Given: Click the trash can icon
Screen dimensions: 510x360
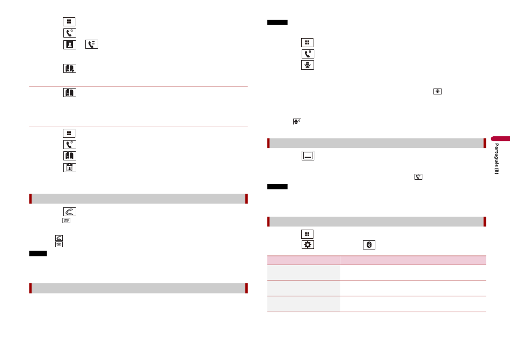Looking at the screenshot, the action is click(x=69, y=167).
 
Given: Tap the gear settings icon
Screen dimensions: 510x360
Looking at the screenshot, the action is click(x=308, y=245).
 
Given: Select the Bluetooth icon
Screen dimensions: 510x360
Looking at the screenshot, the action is click(x=369, y=245).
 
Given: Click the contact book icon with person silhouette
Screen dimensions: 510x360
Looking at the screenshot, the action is click(x=69, y=45).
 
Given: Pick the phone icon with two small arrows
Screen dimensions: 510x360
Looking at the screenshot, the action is click(x=92, y=45).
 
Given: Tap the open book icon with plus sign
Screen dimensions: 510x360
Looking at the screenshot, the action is click(x=69, y=68).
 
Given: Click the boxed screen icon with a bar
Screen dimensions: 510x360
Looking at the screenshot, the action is click(x=308, y=156).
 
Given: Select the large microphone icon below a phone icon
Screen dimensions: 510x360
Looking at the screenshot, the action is click(x=308, y=65).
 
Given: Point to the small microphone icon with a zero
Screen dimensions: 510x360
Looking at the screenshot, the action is click(x=297, y=121).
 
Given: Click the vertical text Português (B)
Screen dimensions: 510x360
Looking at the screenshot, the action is click(x=497, y=159).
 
